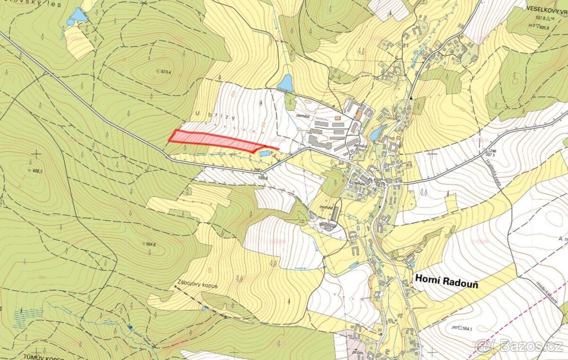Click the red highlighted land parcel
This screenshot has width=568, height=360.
[213, 140]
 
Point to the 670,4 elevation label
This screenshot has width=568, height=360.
[165, 72]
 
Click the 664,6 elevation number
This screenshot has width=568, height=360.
[151, 244]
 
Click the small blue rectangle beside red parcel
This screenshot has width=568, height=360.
[265, 153]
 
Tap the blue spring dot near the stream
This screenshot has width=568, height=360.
[131, 327]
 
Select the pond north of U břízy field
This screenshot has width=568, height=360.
[285, 83]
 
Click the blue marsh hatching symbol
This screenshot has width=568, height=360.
[28, 317]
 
